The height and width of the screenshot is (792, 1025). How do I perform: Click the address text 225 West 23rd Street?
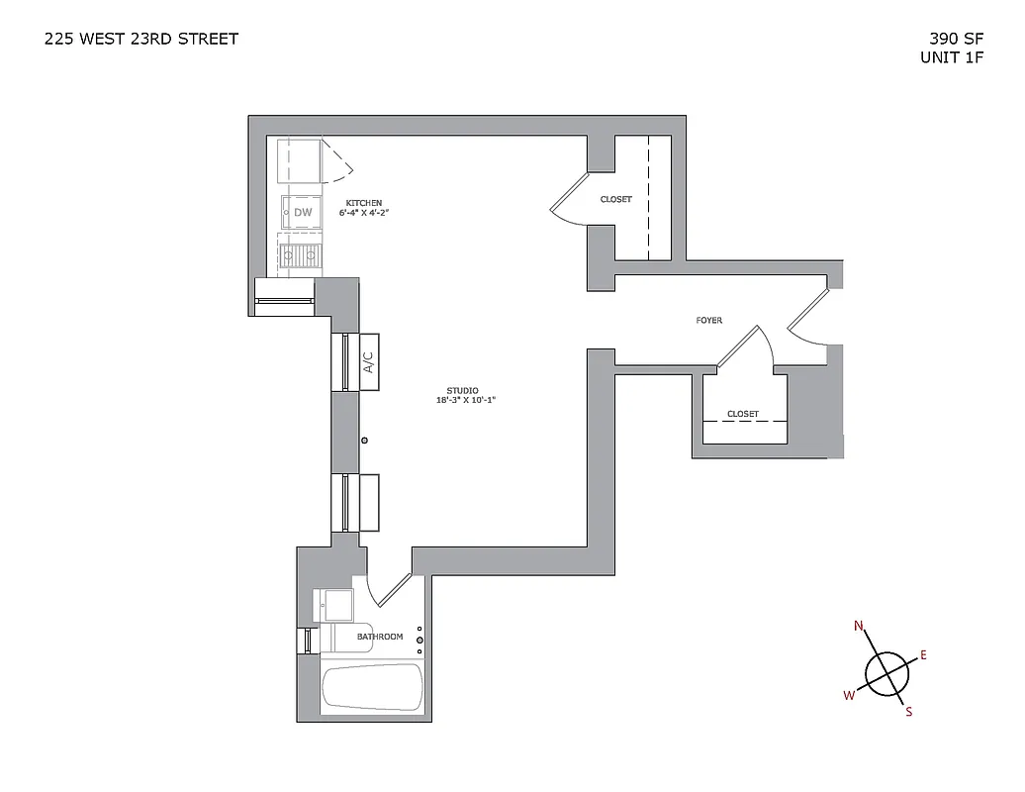[141, 40]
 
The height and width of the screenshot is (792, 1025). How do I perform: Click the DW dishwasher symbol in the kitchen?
[303, 212]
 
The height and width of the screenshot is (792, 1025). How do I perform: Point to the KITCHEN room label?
[363, 202]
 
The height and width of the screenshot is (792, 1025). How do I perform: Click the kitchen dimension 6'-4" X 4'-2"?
[363, 213]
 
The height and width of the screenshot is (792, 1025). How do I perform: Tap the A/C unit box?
[368, 363]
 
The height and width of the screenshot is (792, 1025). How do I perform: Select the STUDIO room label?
[461, 390]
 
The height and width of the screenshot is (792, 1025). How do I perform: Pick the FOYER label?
[708, 321]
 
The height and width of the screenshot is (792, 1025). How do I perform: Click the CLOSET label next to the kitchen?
[615, 200]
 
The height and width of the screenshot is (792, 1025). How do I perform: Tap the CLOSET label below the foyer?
[742, 414]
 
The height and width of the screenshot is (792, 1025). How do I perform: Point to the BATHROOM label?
[380, 637]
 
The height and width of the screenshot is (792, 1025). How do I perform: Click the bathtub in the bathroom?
[372, 686]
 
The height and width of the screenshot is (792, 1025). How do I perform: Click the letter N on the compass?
[859, 626]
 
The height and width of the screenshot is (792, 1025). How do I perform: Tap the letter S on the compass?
[908, 711]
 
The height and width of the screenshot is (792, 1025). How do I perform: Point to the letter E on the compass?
[923, 655]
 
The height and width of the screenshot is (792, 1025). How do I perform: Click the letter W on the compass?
[848, 695]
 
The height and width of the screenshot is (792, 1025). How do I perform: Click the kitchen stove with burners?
[301, 255]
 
